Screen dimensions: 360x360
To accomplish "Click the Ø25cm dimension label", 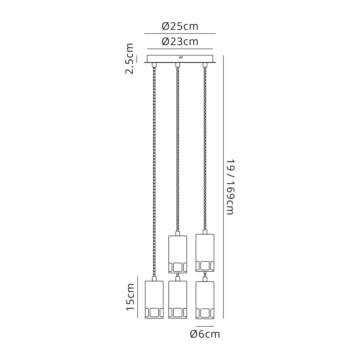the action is (x=180, y=26).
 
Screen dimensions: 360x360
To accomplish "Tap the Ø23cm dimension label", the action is (x=180, y=42).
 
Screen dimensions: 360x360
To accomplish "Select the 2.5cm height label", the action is (x=129, y=59).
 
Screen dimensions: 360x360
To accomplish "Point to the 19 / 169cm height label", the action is (x=230, y=187).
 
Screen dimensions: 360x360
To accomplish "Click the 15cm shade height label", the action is (x=130, y=297).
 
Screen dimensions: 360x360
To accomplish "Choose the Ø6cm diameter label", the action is (x=205, y=334).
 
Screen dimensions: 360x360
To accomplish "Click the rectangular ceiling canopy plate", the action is (x=180, y=59).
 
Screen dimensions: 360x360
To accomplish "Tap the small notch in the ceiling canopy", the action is (x=180, y=56).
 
